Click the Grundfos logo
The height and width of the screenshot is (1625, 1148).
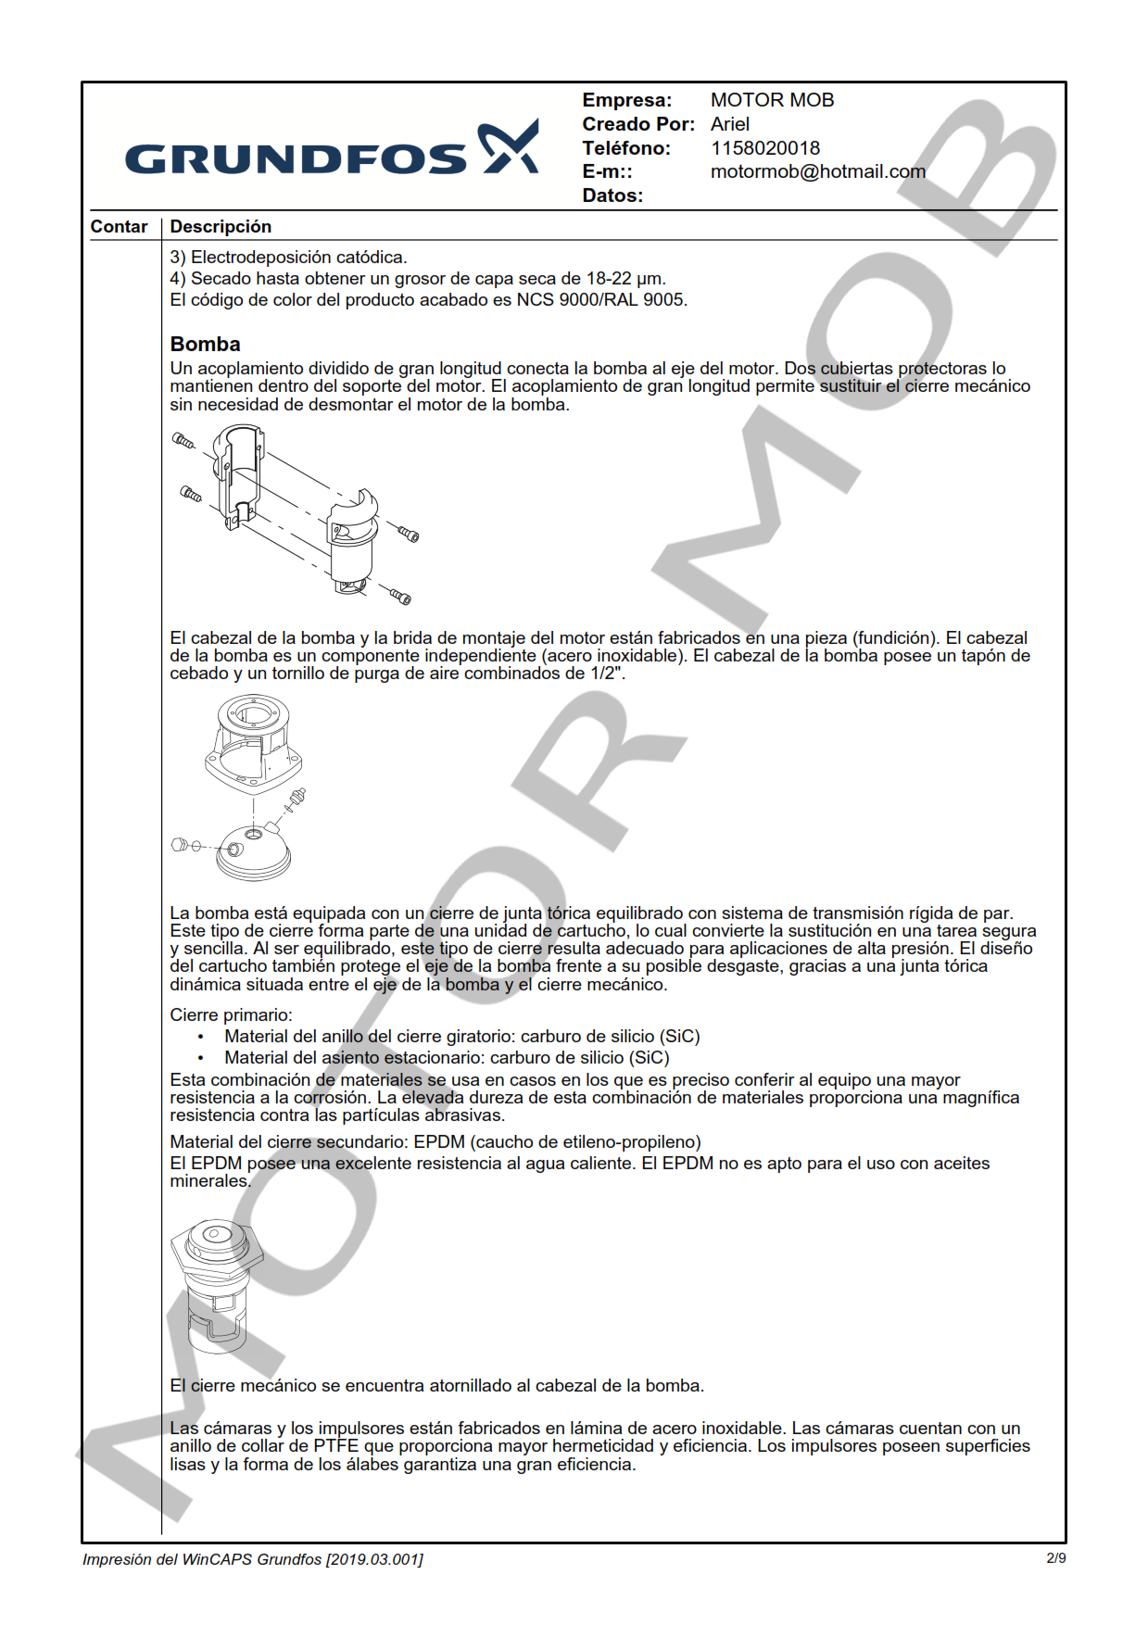(332, 151)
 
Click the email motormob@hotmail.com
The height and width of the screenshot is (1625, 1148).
(817, 171)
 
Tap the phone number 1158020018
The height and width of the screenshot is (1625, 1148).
(764, 148)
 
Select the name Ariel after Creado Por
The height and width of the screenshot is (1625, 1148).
(729, 124)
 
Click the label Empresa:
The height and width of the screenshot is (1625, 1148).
(626, 100)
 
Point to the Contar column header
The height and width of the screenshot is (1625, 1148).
(119, 227)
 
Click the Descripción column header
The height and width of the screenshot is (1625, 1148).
(221, 227)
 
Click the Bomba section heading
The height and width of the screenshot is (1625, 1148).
(205, 344)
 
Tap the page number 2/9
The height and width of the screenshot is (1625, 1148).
(1055, 1558)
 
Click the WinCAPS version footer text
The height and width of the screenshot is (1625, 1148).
(252, 1559)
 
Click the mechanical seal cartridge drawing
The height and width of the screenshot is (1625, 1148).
(217, 1286)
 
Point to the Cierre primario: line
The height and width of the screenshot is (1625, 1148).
(231, 1014)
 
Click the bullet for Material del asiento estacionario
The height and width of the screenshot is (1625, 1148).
(201, 1058)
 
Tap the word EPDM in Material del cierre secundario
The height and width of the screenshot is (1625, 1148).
(438, 1142)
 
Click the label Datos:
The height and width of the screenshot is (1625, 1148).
(612, 195)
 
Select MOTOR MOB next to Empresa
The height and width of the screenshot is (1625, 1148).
(772, 100)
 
